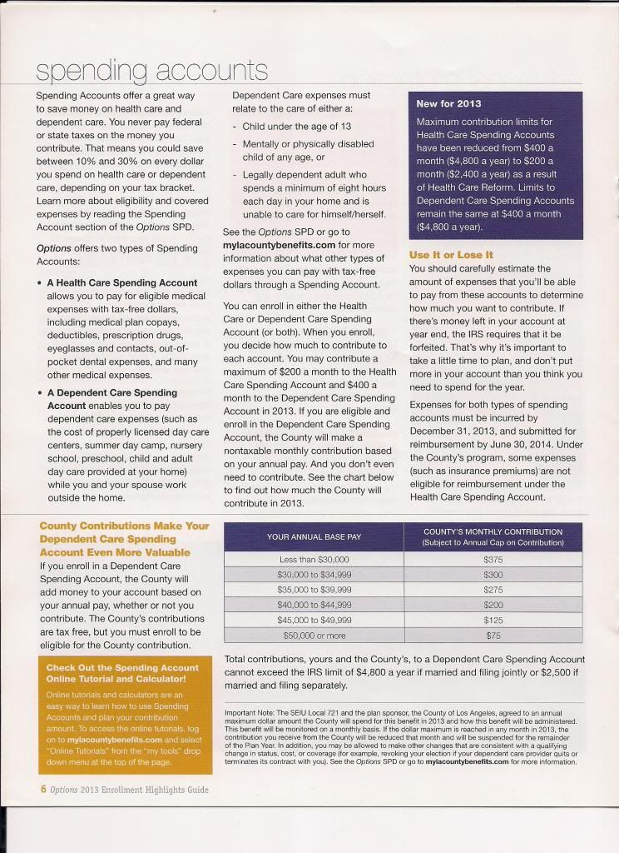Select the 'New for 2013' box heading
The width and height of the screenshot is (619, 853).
448,104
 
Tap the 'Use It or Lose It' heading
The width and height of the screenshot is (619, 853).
451,255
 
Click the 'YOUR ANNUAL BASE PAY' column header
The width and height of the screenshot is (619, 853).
313,537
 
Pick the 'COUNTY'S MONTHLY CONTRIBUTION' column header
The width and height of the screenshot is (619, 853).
493,537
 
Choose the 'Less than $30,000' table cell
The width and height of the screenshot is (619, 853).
314,561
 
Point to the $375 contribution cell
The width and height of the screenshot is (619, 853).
493,561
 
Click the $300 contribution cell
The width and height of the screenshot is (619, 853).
493,576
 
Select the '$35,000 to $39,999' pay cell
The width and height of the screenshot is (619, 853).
314,590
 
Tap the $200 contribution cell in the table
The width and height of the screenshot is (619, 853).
493,605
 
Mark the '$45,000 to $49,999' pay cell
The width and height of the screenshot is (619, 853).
314,620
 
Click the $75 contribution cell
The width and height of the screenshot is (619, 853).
493,636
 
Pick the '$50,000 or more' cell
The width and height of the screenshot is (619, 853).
314,636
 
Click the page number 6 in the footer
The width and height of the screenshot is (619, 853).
43,790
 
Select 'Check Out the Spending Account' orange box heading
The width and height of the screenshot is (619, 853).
122,668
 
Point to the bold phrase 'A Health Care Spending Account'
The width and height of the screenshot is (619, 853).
122,283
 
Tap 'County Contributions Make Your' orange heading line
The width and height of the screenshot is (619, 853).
125,526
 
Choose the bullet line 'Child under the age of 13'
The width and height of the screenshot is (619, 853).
296,127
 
